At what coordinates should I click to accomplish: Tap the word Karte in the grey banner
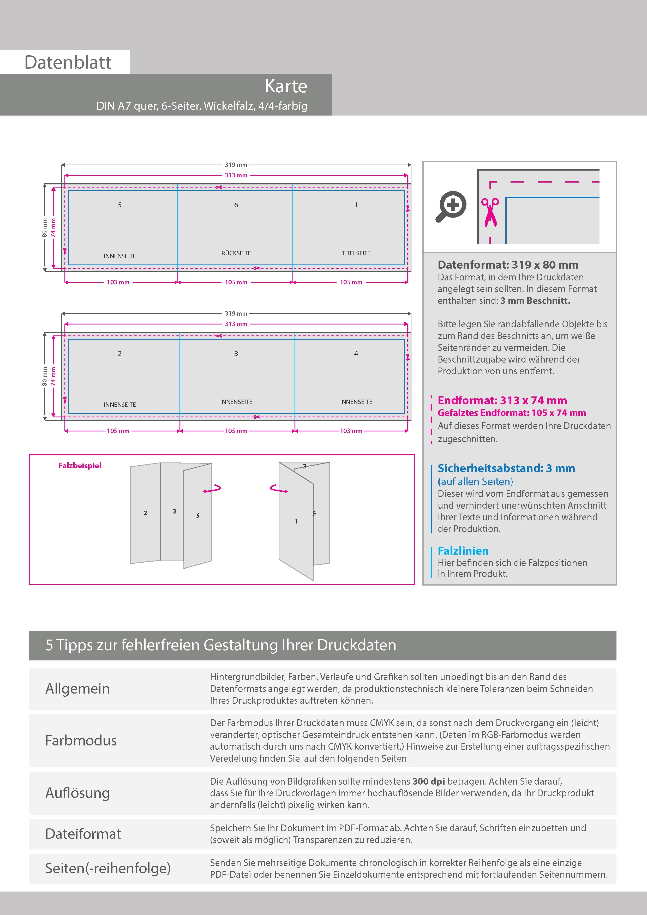286,86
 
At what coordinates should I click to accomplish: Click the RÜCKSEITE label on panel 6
236,253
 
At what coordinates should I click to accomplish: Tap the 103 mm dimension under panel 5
118,282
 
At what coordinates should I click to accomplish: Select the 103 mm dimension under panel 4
351,431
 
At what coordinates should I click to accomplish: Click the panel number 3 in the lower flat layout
236,353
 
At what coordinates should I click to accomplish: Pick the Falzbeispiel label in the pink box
80,466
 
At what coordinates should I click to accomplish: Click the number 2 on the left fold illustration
146,513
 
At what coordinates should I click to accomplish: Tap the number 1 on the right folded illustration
296,521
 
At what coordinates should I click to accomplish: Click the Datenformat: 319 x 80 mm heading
508,265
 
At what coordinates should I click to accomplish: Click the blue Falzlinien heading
463,551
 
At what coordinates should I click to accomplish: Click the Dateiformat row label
83,834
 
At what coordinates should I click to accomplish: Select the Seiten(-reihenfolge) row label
108,868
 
